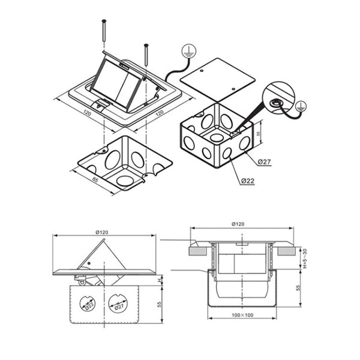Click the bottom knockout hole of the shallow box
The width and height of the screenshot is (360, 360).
tap(126, 179)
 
